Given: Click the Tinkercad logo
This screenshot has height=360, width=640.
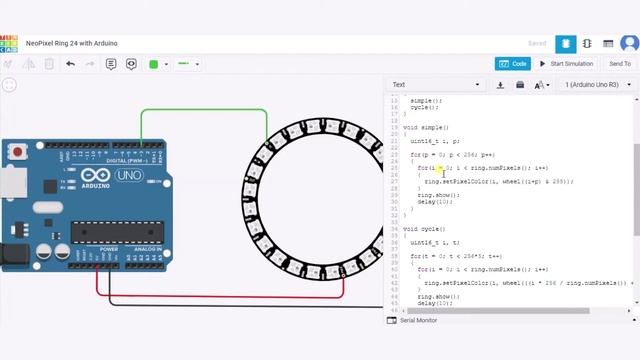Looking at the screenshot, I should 9,44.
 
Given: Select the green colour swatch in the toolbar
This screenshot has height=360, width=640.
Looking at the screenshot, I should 154,64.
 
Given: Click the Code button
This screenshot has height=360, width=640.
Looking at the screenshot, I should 513,64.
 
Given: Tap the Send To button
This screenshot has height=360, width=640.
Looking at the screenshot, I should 619,64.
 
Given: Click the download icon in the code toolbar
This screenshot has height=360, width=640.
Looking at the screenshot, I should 500,85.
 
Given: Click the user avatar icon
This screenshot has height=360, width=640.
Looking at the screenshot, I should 629,44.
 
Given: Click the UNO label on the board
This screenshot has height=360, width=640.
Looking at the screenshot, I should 130,175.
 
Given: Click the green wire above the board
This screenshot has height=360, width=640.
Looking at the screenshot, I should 200,110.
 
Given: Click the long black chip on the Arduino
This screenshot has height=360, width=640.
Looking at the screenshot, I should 115,232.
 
